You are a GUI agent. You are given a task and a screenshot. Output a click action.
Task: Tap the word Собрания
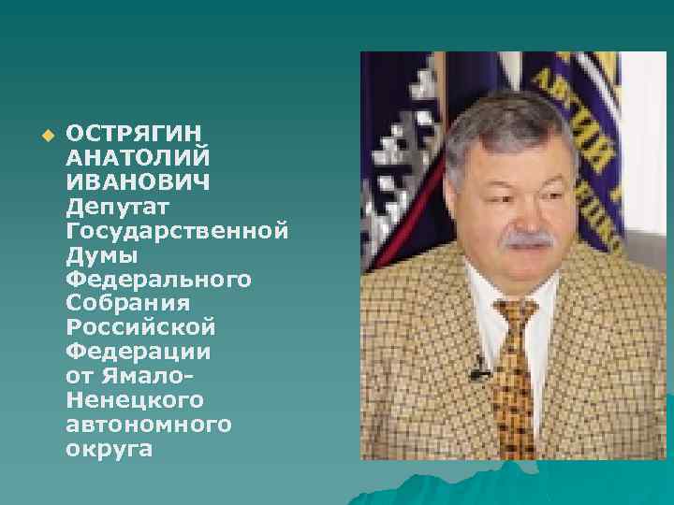(128, 303)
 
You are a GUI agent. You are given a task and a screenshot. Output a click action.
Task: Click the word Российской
(141, 328)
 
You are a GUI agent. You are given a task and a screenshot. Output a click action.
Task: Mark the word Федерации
(139, 353)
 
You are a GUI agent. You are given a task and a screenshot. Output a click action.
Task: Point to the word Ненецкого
(135, 401)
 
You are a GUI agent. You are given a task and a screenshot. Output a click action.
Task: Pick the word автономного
(149, 426)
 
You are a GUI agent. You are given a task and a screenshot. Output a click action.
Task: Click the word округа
(108, 451)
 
